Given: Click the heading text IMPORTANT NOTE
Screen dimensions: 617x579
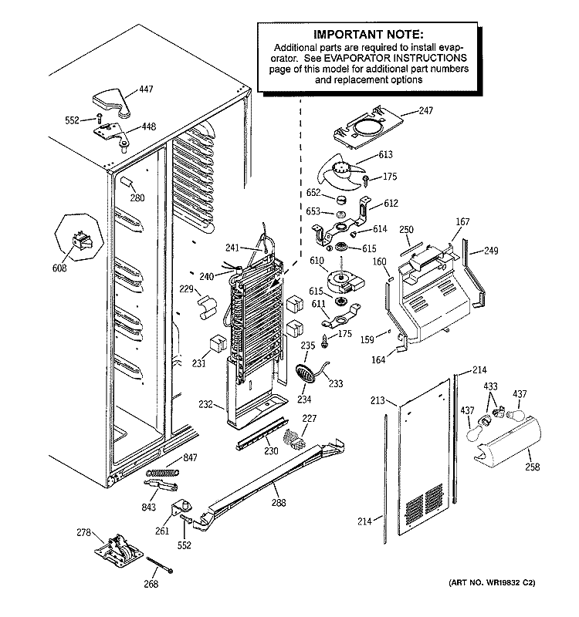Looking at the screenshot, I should tap(367, 35).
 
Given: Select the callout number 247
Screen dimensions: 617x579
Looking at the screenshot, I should tap(425, 111).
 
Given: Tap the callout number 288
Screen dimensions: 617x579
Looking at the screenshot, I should tap(278, 503).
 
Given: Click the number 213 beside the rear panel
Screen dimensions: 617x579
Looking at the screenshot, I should tap(377, 400).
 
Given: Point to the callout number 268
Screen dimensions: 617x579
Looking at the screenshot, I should tap(151, 585).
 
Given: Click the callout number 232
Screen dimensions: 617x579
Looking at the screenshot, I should tap(205, 403).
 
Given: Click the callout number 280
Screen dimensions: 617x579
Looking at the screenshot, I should tap(137, 198).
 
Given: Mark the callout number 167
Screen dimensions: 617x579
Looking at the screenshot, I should tap(462, 223).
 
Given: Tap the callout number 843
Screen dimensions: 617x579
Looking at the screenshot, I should tap(148, 507).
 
